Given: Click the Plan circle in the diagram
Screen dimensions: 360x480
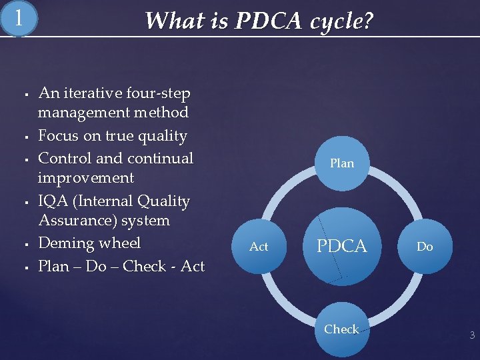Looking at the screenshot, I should [x=342, y=163].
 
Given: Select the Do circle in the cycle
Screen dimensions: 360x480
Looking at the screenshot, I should [x=425, y=247].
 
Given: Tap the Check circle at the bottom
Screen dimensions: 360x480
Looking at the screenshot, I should [x=342, y=329].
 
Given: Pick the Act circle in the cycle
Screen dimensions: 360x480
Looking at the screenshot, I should [x=259, y=247].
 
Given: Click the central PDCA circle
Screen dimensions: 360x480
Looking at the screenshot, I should [x=342, y=246].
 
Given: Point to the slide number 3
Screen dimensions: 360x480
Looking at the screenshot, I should [x=472, y=335].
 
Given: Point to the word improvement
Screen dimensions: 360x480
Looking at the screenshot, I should [x=86, y=178].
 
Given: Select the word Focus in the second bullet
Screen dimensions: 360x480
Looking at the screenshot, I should [x=58, y=136].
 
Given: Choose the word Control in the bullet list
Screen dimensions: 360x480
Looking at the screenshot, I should [x=68, y=158].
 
